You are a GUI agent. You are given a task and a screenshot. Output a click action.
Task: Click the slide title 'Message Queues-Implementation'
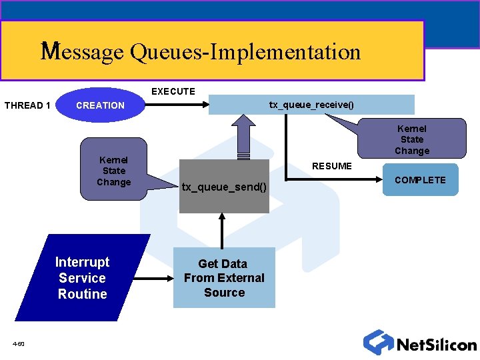[201, 52]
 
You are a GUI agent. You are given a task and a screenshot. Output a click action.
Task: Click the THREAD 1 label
[27, 105]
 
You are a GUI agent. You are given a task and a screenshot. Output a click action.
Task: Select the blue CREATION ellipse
[100, 105]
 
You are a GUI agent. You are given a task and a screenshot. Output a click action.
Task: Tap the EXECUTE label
[173, 91]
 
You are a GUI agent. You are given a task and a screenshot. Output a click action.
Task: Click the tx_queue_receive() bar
[311, 105]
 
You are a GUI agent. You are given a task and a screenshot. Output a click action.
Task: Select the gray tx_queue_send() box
[224, 187]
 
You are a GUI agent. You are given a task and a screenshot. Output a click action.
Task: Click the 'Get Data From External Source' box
[224, 278]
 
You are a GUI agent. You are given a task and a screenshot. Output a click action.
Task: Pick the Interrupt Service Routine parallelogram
[82, 278]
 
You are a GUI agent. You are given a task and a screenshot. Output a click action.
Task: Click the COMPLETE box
[420, 180]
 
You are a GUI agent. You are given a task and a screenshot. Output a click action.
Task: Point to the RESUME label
[332, 166]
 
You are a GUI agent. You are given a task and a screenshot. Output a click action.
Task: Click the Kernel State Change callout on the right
[411, 139]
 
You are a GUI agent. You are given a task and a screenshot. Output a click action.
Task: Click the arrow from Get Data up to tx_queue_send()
[223, 230]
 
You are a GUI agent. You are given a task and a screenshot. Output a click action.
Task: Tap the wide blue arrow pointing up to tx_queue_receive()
[243, 137]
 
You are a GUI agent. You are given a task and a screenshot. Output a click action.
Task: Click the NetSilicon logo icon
[378, 342]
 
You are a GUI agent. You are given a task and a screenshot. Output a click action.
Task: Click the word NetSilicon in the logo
[436, 345]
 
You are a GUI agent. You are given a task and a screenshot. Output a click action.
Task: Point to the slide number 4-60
[19, 344]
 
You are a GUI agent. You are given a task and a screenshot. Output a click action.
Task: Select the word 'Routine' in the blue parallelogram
[82, 294]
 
